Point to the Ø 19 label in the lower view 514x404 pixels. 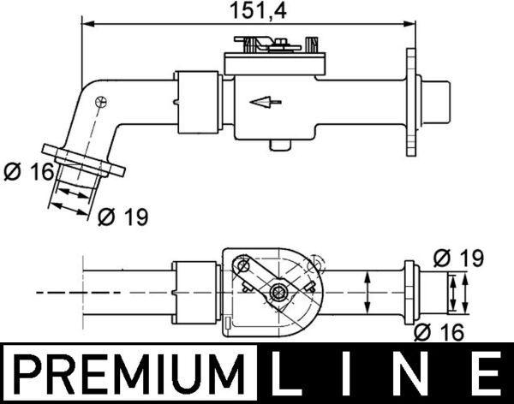[458, 257]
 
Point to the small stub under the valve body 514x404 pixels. [277, 144]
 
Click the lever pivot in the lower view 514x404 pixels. [278, 294]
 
